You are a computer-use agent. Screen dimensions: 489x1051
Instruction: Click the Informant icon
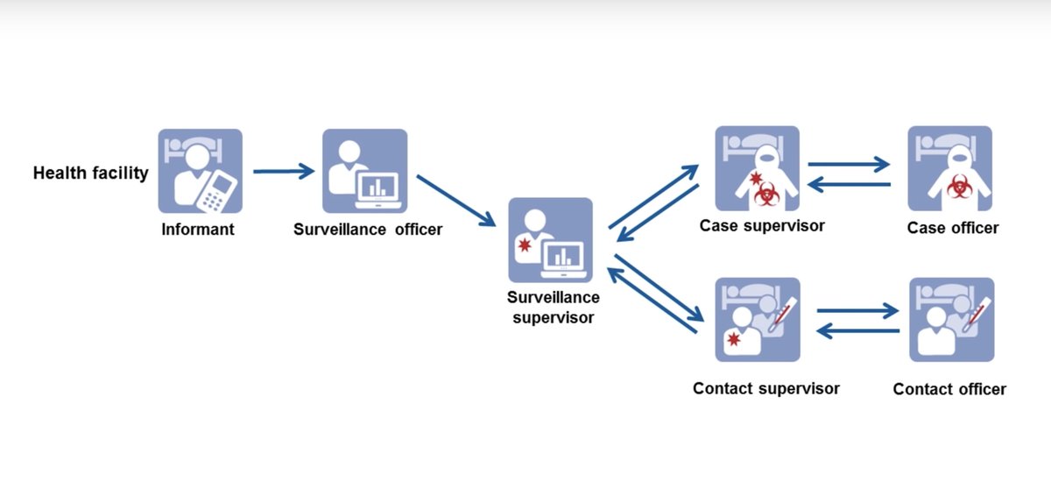(x=200, y=171)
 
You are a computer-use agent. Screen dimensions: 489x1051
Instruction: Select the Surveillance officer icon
(x=364, y=171)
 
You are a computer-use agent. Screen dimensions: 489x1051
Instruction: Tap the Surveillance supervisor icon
(x=550, y=240)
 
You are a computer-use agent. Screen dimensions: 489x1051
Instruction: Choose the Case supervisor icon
(x=757, y=168)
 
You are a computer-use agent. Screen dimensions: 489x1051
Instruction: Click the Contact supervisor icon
(x=757, y=320)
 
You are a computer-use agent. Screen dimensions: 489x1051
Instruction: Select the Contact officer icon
(x=951, y=320)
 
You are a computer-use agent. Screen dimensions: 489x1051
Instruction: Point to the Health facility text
(x=90, y=174)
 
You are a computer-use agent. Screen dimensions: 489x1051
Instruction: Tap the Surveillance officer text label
(x=368, y=230)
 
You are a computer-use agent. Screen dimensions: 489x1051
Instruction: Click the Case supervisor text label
(x=762, y=226)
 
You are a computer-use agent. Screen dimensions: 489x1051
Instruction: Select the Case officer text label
(x=953, y=228)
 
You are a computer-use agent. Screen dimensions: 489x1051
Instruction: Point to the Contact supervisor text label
(x=765, y=388)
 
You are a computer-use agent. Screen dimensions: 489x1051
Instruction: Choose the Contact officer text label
(x=949, y=389)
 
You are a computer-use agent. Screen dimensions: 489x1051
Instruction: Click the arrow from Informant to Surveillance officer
(x=283, y=172)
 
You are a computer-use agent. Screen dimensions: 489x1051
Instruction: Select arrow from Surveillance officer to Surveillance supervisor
(x=455, y=200)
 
